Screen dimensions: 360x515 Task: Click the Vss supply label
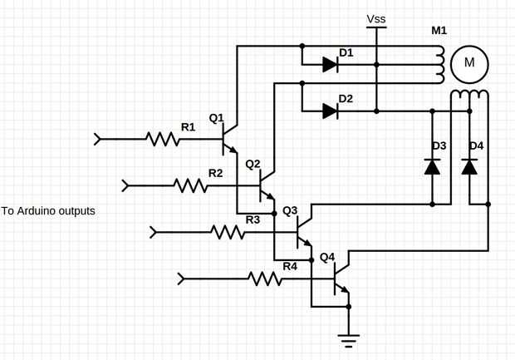(x=376, y=18)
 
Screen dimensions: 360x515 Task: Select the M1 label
(x=439, y=32)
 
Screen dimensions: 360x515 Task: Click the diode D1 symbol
(x=330, y=64)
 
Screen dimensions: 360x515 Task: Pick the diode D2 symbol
(x=330, y=110)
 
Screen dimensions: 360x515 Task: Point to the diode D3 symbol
(x=432, y=166)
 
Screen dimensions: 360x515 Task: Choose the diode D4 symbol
(x=469, y=166)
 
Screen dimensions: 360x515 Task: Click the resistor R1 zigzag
(x=164, y=139)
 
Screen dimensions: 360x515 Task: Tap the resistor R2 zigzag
(x=191, y=185)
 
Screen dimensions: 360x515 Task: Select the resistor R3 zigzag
(x=228, y=231)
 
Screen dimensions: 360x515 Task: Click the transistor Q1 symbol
(x=228, y=140)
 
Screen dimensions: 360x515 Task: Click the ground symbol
(x=349, y=338)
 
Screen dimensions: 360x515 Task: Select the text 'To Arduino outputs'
(x=48, y=211)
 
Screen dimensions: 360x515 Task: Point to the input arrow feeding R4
(x=184, y=278)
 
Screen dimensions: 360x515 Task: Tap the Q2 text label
(x=253, y=164)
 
